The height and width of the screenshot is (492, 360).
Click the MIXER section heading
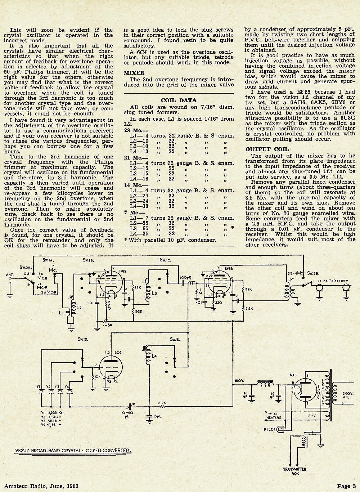(x=134, y=73)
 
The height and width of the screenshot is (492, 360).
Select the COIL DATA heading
(x=179, y=100)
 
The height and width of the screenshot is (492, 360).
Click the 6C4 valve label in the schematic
(x=118, y=353)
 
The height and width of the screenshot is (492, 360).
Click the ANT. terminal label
(x=10, y=274)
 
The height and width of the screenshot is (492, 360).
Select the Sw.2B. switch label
(x=314, y=273)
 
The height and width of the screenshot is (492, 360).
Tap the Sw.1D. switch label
(x=83, y=339)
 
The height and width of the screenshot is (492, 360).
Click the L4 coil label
(x=154, y=356)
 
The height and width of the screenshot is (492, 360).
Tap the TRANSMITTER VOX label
(x=294, y=471)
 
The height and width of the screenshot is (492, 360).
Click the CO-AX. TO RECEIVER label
(x=333, y=281)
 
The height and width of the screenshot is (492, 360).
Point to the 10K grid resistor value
(x=98, y=376)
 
